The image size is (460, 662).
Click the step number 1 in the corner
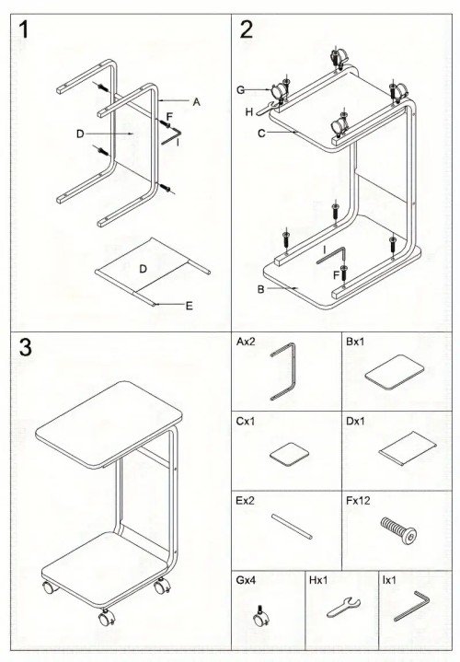pyautogui.click(x=25, y=29)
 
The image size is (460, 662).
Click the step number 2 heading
pyautogui.click(x=247, y=29)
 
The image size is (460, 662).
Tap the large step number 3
pyautogui.click(x=27, y=349)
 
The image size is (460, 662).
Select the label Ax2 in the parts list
pyautogui.click(x=246, y=341)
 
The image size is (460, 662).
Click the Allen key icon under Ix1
pyautogui.click(x=411, y=607)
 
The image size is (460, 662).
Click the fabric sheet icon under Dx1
pyautogui.click(x=401, y=451)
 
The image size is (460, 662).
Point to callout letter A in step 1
pyautogui.click(x=196, y=102)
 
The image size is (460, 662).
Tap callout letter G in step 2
pyautogui.click(x=240, y=89)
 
